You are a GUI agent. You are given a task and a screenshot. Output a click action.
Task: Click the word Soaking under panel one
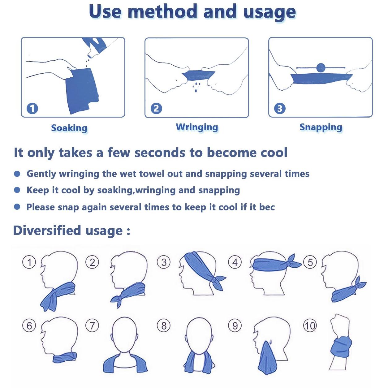pos(69,128)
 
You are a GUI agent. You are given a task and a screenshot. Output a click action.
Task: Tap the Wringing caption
pos(197,127)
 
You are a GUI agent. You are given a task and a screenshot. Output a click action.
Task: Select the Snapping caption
pos(321,127)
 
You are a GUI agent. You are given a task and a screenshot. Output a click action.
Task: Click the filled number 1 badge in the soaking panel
pos(32,109)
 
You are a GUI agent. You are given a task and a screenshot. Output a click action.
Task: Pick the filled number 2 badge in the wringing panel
pos(156,109)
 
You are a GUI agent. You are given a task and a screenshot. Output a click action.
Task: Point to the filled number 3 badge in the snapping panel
pos(280,109)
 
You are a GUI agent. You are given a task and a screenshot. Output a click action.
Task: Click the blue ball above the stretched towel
pos(321,68)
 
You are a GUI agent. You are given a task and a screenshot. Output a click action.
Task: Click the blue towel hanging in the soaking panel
pos(82,91)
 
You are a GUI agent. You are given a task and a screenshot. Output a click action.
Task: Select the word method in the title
pos(162,11)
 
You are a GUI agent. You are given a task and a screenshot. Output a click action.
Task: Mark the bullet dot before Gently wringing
pos(17,174)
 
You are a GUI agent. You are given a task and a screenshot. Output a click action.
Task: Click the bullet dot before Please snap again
pos(17,207)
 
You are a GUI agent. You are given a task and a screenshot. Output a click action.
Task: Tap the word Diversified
pos(47,230)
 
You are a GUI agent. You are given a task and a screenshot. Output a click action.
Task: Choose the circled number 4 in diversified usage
pos(235,262)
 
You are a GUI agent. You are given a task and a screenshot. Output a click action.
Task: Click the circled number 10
pos(310,325)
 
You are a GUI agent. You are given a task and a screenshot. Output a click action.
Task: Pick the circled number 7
pos(92,325)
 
